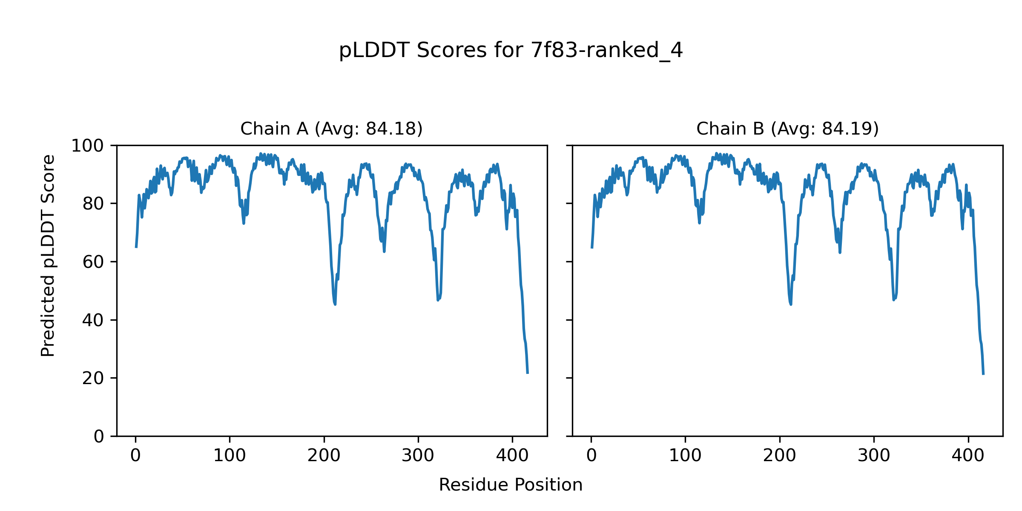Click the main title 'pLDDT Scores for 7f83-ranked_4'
point(511,51)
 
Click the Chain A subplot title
point(331,129)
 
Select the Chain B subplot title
point(787,129)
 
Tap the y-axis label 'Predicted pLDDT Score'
point(48,255)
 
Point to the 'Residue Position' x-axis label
point(511,485)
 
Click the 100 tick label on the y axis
point(87,146)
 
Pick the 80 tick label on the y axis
point(93,204)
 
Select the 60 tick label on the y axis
point(93,262)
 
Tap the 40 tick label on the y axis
point(93,320)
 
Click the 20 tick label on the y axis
point(93,379)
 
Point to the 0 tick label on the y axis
point(99,436)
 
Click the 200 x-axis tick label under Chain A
point(324,456)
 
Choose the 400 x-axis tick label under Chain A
point(512,456)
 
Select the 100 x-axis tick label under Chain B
point(685,456)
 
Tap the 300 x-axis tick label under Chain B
point(874,456)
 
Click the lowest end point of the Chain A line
point(528,373)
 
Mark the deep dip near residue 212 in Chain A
point(335,304)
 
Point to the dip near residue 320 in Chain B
point(894,300)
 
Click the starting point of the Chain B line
point(591,247)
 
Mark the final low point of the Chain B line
point(983,374)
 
